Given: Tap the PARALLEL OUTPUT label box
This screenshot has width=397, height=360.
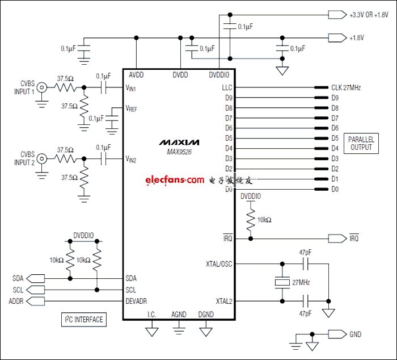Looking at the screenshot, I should [x=360, y=143].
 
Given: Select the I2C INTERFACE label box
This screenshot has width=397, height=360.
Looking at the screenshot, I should [x=83, y=320].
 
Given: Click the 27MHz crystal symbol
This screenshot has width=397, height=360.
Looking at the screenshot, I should [x=281, y=282].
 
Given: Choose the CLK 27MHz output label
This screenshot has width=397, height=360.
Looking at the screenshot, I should [x=346, y=88].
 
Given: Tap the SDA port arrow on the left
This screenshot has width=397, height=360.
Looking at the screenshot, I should [x=35, y=279].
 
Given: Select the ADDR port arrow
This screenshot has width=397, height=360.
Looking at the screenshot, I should [x=35, y=300].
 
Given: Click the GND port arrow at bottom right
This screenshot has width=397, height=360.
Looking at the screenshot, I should [x=336, y=334].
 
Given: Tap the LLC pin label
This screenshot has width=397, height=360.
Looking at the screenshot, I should [x=227, y=88].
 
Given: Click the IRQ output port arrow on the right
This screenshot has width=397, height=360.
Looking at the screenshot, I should [x=336, y=239].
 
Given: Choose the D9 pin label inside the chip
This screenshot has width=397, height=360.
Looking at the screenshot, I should [x=229, y=98].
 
